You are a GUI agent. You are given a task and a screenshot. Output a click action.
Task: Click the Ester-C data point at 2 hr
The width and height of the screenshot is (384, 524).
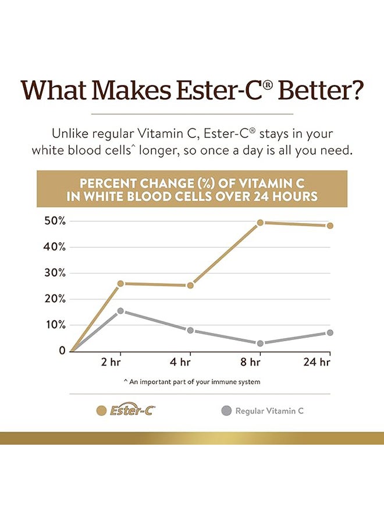120,284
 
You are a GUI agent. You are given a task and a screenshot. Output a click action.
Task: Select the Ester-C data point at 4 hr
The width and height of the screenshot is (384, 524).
190,285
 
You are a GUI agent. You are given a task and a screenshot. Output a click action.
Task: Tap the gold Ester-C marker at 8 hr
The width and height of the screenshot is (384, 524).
260,222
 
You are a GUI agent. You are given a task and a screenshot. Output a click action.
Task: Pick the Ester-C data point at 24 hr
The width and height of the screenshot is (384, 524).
330,225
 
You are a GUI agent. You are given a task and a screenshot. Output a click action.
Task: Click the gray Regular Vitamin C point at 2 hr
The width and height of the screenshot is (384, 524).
120,311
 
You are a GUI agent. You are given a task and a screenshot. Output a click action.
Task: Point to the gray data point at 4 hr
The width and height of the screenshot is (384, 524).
190,330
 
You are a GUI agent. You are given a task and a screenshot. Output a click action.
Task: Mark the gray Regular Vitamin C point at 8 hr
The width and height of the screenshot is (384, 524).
260,344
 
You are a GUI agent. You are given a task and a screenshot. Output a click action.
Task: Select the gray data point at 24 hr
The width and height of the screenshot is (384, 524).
330,333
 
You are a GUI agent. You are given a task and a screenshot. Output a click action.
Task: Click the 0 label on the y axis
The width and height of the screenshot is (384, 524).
62,350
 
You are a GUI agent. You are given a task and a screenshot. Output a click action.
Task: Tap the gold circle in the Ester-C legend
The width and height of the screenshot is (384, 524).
102,410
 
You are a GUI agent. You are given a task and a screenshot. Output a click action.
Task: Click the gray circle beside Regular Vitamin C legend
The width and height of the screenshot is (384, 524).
226,410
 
